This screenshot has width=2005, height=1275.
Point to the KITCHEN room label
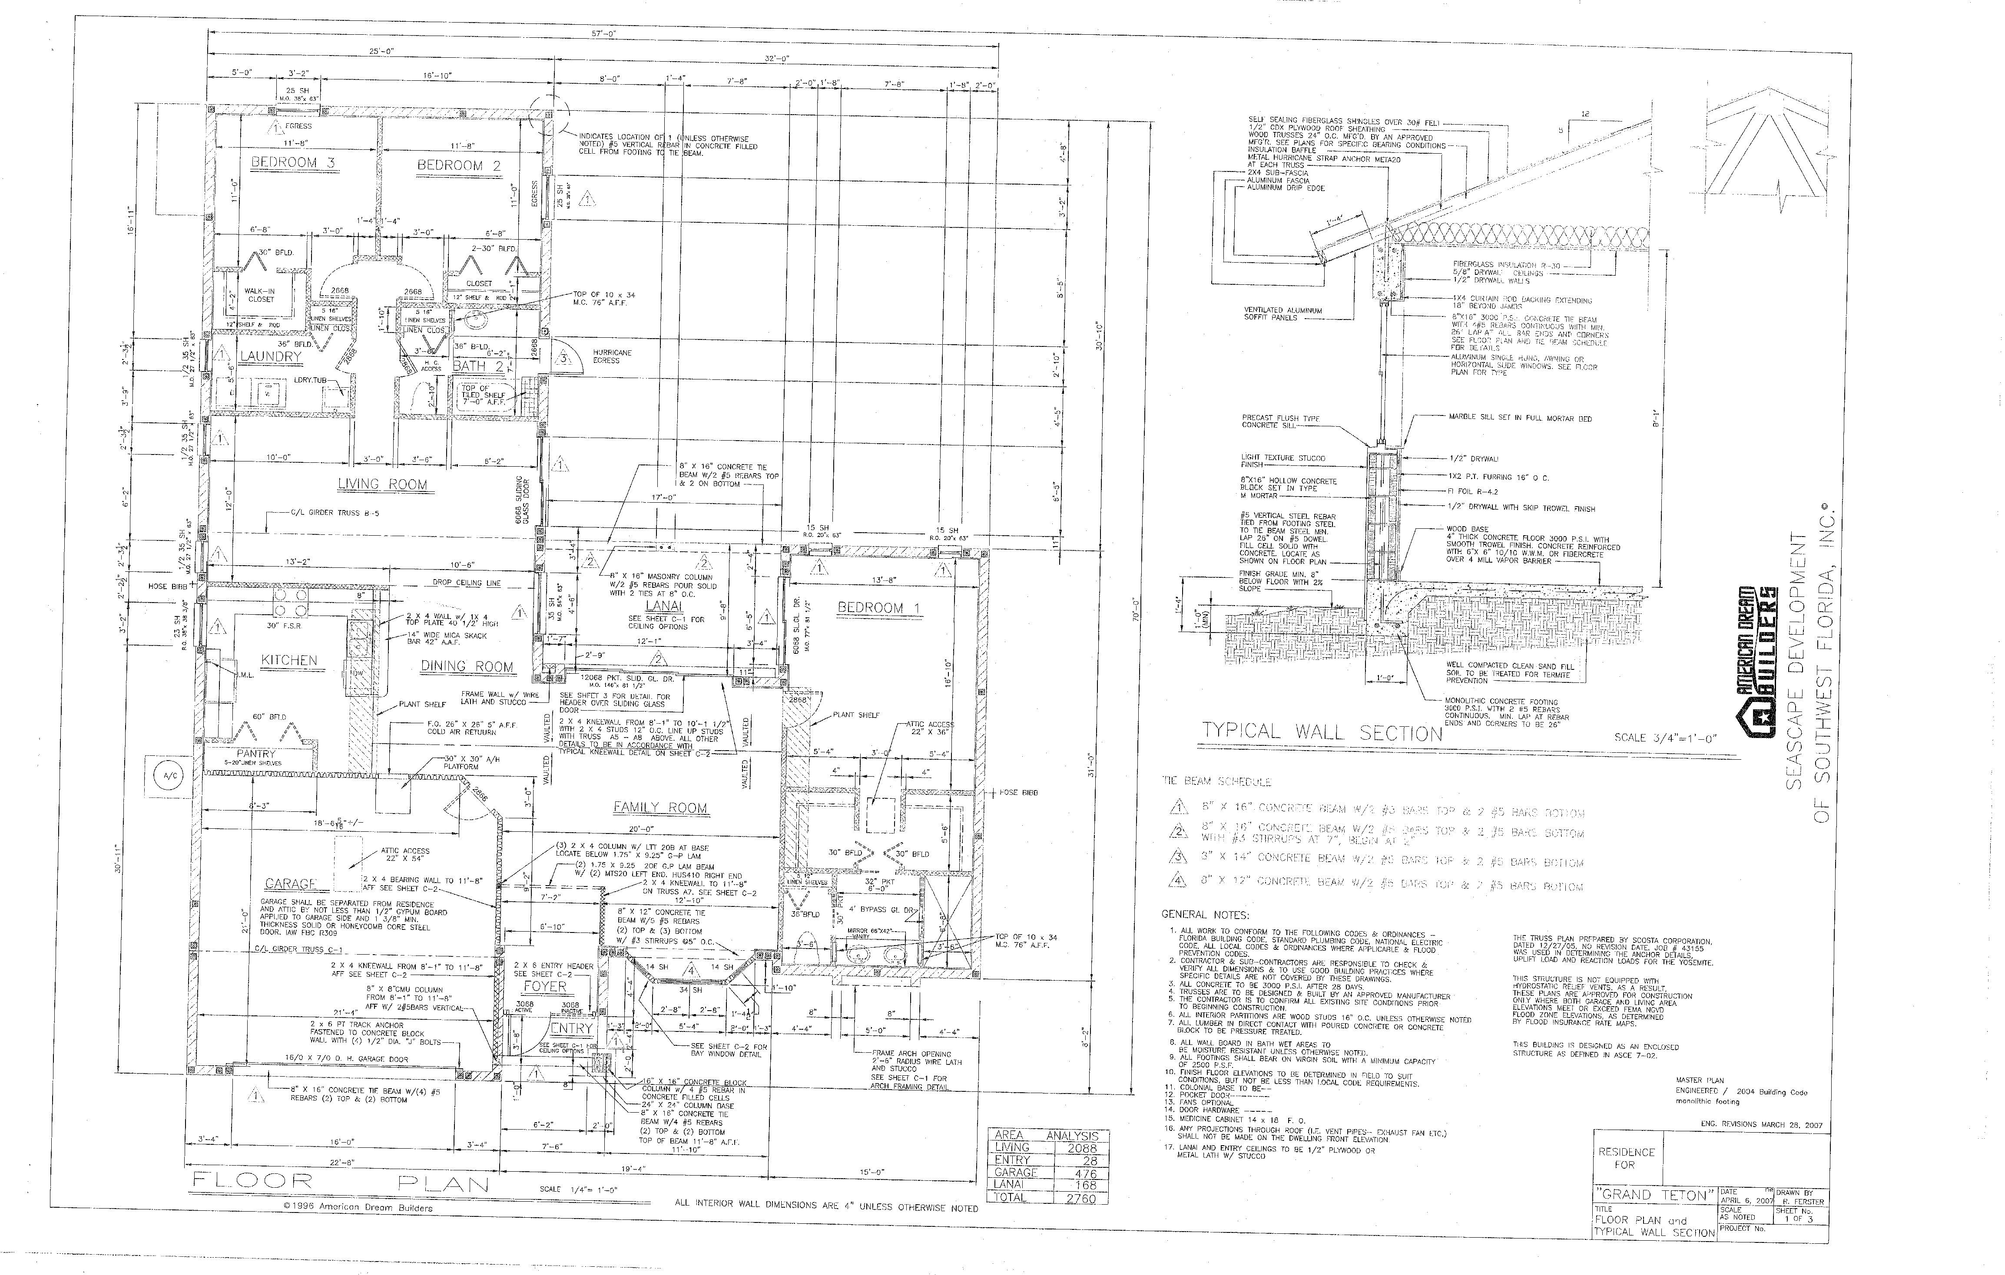289,660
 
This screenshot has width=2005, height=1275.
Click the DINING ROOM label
466,667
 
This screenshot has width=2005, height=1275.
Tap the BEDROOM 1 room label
878,607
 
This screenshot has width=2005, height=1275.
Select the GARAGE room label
291,884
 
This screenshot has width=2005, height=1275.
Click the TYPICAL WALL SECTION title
1322,732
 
